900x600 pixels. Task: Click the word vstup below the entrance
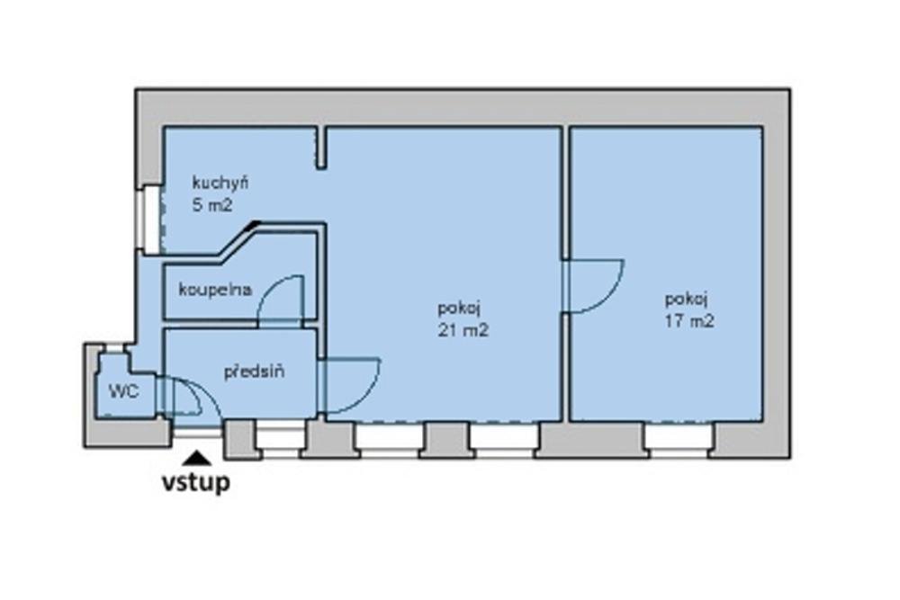pyautogui.click(x=195, y=482)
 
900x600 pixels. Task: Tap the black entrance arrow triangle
pyautogui.click(x=197, y=458)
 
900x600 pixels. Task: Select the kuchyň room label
pyautogui.click(x=220, y=184)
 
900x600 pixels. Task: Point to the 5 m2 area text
pyautogui.click(x=212, y=205)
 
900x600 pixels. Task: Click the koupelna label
pyautogui.click(x=215, y=290)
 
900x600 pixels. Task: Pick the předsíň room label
pyautogui.click(x=254, y=372)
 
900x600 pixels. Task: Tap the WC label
pyautogui.click(x=123, y=392)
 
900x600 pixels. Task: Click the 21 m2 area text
pyautogui.click(x=463, y=330)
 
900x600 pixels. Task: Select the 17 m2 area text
pyautogui.click(x=689, y=320)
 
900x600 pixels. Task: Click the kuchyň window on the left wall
pyautogui.click(x=151, y=219)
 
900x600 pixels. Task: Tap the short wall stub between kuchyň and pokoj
pyautogui.click(x=321, y=148)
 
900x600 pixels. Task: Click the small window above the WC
pyautogui.click(x=115, y=347)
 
